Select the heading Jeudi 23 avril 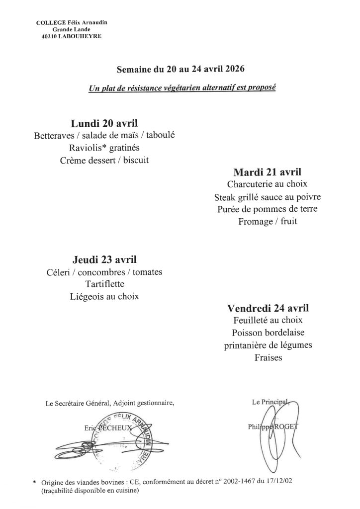[x=104, y=259]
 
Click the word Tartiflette [x=104, y=284]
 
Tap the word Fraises [x=268, y=357]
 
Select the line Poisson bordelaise [x=268, y=333]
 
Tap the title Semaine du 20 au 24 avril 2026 [x=180, y=69]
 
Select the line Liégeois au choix [x=104, y=297]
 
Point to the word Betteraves [x=52, y=136]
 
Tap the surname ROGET [x=284, y=426]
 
